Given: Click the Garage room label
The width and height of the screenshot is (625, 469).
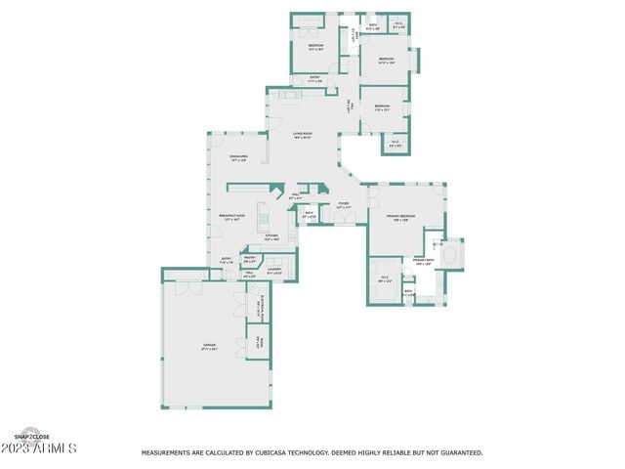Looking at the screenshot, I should pyautogui.click(x=209, y=346).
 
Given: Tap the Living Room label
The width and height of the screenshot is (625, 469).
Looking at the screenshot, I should pyautogui.click(x=302, y=136).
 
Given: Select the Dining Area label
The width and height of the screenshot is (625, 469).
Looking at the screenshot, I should pyautogui.click(x=238, y=157).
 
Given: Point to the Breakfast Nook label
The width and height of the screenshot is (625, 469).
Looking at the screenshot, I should pyautogui.click(x=231, y=218).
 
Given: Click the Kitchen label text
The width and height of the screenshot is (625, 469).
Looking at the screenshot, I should pyautogui.click(x=271, y=237).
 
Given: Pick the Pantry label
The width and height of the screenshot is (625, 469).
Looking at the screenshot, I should pyautogui.click(x=249, y=260).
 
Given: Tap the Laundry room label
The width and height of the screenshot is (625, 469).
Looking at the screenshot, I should pyautogui.click(x=274, y=271).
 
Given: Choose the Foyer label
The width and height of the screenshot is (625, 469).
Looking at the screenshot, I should pyautogui.click(x=344, y=205).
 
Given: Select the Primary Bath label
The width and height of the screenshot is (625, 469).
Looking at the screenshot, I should pyautogui.click(x=423, y=262).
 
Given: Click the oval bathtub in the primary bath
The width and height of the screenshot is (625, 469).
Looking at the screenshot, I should pyautogui.click(x=451, y=255).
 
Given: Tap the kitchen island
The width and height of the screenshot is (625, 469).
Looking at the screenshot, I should pyautogui.click(x=263, y=214).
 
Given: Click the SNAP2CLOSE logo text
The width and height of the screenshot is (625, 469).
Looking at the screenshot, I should pyautogui.click(x=31, y=436).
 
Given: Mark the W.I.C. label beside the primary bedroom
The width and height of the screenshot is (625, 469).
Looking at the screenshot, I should pyautogui.click(x=384, y=280).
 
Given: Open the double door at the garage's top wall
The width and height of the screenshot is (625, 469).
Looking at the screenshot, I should pyautogui.click(x=186, y=288).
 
